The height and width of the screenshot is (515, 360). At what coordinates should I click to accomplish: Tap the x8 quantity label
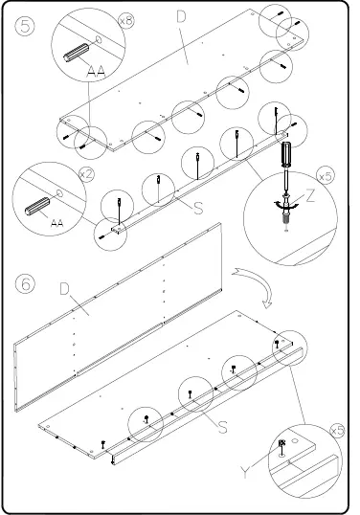coord(125,19)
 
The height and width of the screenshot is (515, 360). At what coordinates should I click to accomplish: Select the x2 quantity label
coord(85,174)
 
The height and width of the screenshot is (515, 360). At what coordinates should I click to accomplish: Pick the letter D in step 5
coord(182,16)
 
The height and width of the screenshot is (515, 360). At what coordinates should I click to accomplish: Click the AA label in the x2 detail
coord(56,222)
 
